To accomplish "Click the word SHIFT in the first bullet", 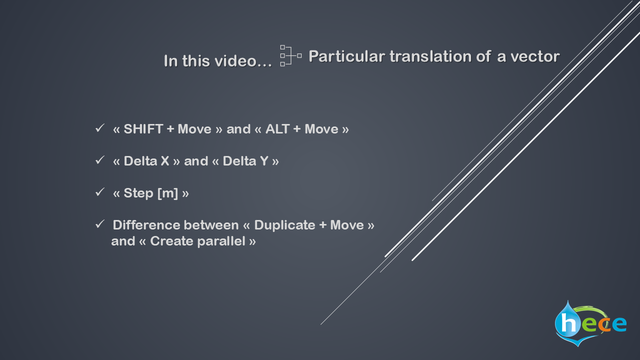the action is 143,129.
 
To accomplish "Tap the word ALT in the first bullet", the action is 277,129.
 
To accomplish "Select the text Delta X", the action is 146,161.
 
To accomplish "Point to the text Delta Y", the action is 245,161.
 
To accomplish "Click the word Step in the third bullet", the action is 138,193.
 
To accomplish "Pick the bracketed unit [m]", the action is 168,193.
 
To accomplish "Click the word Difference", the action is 147,225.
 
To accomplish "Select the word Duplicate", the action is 284,225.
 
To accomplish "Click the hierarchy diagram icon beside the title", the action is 291,55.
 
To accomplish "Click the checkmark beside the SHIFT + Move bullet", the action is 99,128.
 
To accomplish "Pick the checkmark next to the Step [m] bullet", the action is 99,192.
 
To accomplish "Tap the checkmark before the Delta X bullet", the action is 99,160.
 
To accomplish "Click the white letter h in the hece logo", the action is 568,323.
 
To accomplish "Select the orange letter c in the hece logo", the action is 603,324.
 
